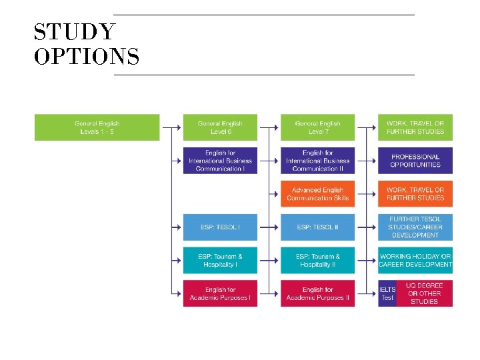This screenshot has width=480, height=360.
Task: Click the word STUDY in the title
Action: [x=75, y=32]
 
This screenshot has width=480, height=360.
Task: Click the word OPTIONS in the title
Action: [x=87, y=57]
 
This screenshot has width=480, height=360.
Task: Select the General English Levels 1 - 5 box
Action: [x=97, y=127]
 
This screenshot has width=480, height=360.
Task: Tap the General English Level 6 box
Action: [x=220, y=127]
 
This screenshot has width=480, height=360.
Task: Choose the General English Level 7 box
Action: [x=317, y=127]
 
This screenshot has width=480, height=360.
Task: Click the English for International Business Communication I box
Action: [x=220, y=161]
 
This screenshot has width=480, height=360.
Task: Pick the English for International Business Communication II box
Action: [x=317, y=161]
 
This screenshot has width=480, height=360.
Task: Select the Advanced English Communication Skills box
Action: [x=317, y=194]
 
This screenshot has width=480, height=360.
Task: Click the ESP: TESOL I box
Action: [x=220, y=227]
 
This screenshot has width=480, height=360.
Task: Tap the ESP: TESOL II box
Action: [x=317, y=227]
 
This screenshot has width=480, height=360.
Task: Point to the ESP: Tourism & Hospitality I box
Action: [x=220, y=261]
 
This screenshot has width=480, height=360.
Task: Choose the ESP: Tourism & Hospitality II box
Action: [x=317, y=261]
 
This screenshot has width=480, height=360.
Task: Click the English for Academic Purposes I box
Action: [x=220, y=294]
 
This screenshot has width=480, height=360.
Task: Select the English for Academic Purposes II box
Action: [x=317, y=294]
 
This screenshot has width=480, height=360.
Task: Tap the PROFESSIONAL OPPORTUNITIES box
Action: [x=415, y=161]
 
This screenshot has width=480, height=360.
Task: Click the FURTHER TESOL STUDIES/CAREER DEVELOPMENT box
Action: [x=415, y=227]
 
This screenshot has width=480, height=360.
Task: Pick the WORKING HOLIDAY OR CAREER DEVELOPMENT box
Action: [x=415, y=261]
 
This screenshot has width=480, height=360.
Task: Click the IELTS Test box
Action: [x=387, y=294]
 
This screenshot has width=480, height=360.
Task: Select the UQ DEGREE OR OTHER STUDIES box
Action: [x=425, y=294]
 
